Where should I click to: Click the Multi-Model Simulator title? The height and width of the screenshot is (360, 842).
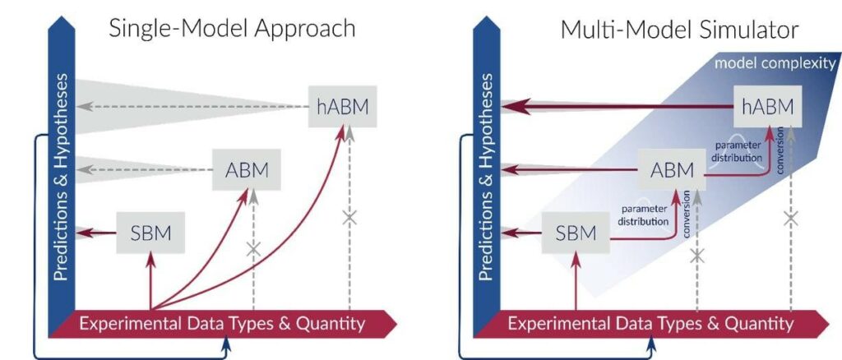(x=678, y=30)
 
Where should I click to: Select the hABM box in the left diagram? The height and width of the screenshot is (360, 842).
(x=342, y=106)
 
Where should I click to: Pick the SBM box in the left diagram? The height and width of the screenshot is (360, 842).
(x=150, y=233)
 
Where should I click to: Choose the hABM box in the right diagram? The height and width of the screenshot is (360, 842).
(x=768, y=106)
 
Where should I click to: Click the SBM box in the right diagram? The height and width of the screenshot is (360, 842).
(x=576, y=233)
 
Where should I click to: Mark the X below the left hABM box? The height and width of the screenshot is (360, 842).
(x=349, y=218)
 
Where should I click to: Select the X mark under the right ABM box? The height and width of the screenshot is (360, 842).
(x=697, y=256)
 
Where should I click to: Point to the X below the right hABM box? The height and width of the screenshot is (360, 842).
(x=791, y=219)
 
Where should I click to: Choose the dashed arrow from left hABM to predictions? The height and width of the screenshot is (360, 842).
(x=189, y=107)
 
